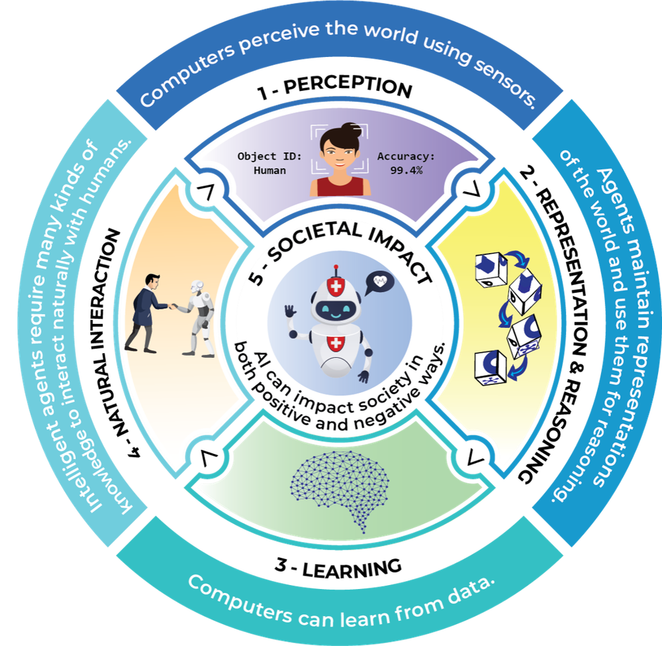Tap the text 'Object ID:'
[269, 157]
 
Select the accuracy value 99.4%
[407, 170]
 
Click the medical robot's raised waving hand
[290, 311]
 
